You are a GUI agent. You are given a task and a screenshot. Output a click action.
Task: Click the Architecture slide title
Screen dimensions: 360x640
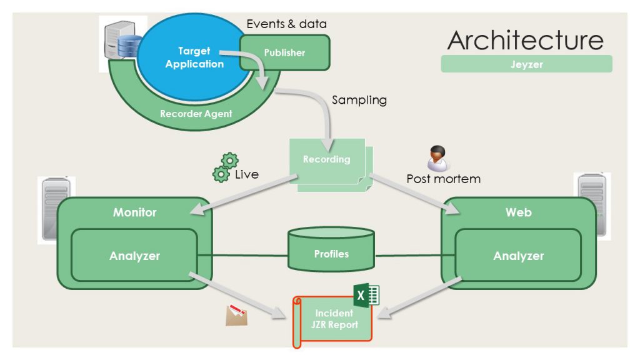[x=526, y=40]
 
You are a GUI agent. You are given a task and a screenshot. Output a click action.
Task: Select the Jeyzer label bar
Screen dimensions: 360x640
[x=526, y=64]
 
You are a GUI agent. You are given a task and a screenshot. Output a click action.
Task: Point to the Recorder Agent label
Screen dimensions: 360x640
[x=196, y=114]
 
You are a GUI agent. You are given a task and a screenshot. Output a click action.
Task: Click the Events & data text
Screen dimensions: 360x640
[x=286, y=24]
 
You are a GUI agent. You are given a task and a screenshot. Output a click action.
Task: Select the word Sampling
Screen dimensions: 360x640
[x=359, y=100]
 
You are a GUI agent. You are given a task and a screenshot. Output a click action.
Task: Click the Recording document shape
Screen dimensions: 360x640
[x=327, y=160]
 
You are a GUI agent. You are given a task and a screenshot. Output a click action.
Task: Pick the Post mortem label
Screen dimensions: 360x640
[x=443, y=179]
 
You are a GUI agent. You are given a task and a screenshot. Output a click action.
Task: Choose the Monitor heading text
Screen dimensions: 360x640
[x=134, y=212]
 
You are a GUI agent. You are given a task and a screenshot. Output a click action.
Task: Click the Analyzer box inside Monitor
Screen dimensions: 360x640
[x=134, y=255]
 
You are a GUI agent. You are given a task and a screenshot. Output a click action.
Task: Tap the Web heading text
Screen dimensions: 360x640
[x=518, y=212]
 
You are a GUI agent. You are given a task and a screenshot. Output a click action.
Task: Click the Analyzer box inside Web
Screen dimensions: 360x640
[x=518, y=255]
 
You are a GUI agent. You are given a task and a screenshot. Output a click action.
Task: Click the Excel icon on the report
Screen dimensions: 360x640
[x=366, y=295]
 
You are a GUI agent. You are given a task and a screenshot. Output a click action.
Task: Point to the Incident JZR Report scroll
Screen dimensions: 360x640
[x=334, y=320]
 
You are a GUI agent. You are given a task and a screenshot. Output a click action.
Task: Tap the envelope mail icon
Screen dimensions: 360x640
[x=236, y=316]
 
